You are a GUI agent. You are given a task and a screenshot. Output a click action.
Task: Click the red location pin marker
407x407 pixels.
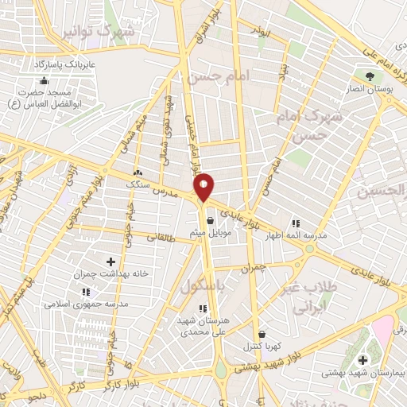coord(204,188)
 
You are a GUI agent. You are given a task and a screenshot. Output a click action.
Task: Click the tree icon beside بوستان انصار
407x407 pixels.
coord(369,76)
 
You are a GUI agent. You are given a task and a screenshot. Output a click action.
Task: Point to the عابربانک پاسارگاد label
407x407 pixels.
coord(64,62)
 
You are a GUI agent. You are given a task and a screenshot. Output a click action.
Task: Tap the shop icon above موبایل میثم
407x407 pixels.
coord(210,221)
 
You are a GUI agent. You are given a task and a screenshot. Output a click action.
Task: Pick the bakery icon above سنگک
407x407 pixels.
coord(138,172)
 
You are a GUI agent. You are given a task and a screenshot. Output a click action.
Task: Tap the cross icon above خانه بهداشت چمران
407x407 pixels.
coord(110,262)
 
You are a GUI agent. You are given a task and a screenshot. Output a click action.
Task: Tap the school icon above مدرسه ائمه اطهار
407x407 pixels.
coord(297,224)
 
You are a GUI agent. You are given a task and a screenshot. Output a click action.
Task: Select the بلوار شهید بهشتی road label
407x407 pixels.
coord(270,364)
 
